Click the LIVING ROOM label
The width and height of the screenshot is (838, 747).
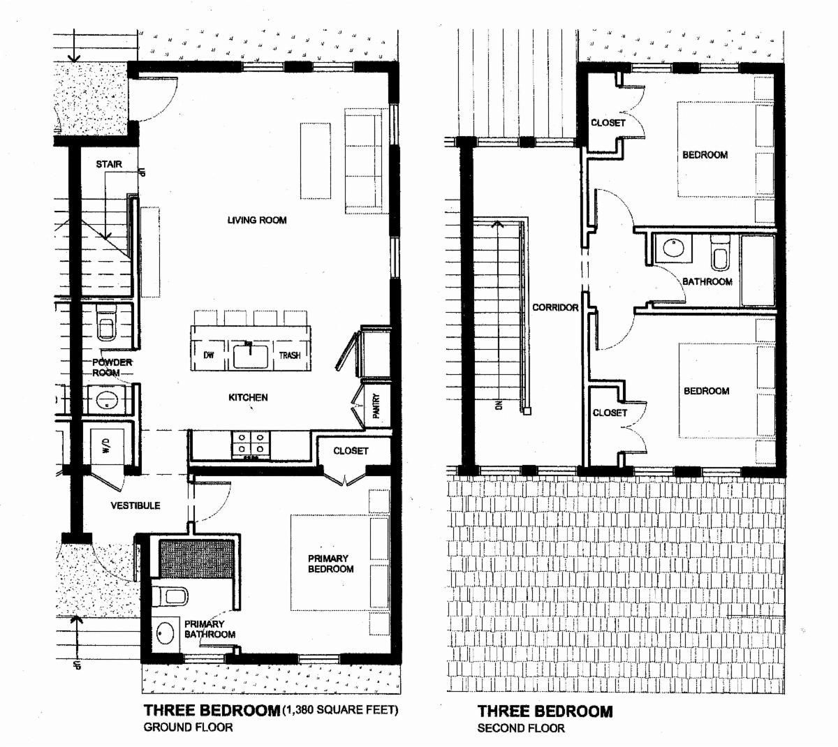257,220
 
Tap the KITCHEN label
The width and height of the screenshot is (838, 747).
248,397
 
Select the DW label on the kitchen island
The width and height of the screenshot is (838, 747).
209,355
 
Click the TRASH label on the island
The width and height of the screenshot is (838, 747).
290,355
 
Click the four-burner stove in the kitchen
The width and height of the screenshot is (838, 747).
251,444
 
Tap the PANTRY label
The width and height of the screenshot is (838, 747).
376,406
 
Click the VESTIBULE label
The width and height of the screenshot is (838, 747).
135,505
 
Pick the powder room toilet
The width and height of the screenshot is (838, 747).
107,323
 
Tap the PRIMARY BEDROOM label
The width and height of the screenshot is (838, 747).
330,563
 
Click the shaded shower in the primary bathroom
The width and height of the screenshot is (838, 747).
196,559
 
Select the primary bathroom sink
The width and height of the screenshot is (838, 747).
166,633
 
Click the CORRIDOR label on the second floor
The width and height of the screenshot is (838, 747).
555,307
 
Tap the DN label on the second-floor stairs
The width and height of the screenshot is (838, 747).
499,405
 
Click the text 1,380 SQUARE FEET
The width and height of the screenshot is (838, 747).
340,710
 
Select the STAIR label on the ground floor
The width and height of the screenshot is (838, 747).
109,164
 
